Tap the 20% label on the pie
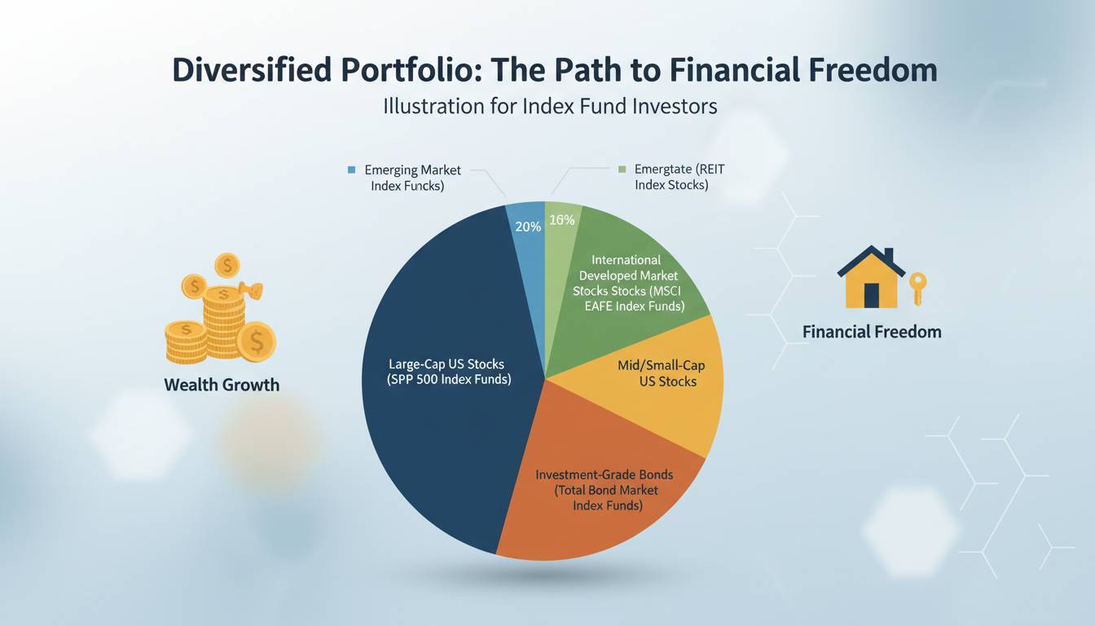[x=528, y=227]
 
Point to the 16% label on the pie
[x=561, y=220]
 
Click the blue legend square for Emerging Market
[x=351, y=170]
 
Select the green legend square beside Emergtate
[x=622, y=170]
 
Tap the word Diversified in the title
[x=251, y=69]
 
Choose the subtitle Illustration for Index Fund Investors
[x=550, y=106]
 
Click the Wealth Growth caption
[x=222, y=385]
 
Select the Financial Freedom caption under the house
[x=872, y=332]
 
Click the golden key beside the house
[x=917, y=289]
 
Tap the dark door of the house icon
[x=872, y=295]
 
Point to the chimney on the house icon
[x=889, y=255]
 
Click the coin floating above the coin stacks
[x=227, y=266]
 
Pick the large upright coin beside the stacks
[x=257, y=342]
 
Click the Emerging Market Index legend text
[x=412, y=178]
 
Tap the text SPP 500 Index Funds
[x=449, y=379]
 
